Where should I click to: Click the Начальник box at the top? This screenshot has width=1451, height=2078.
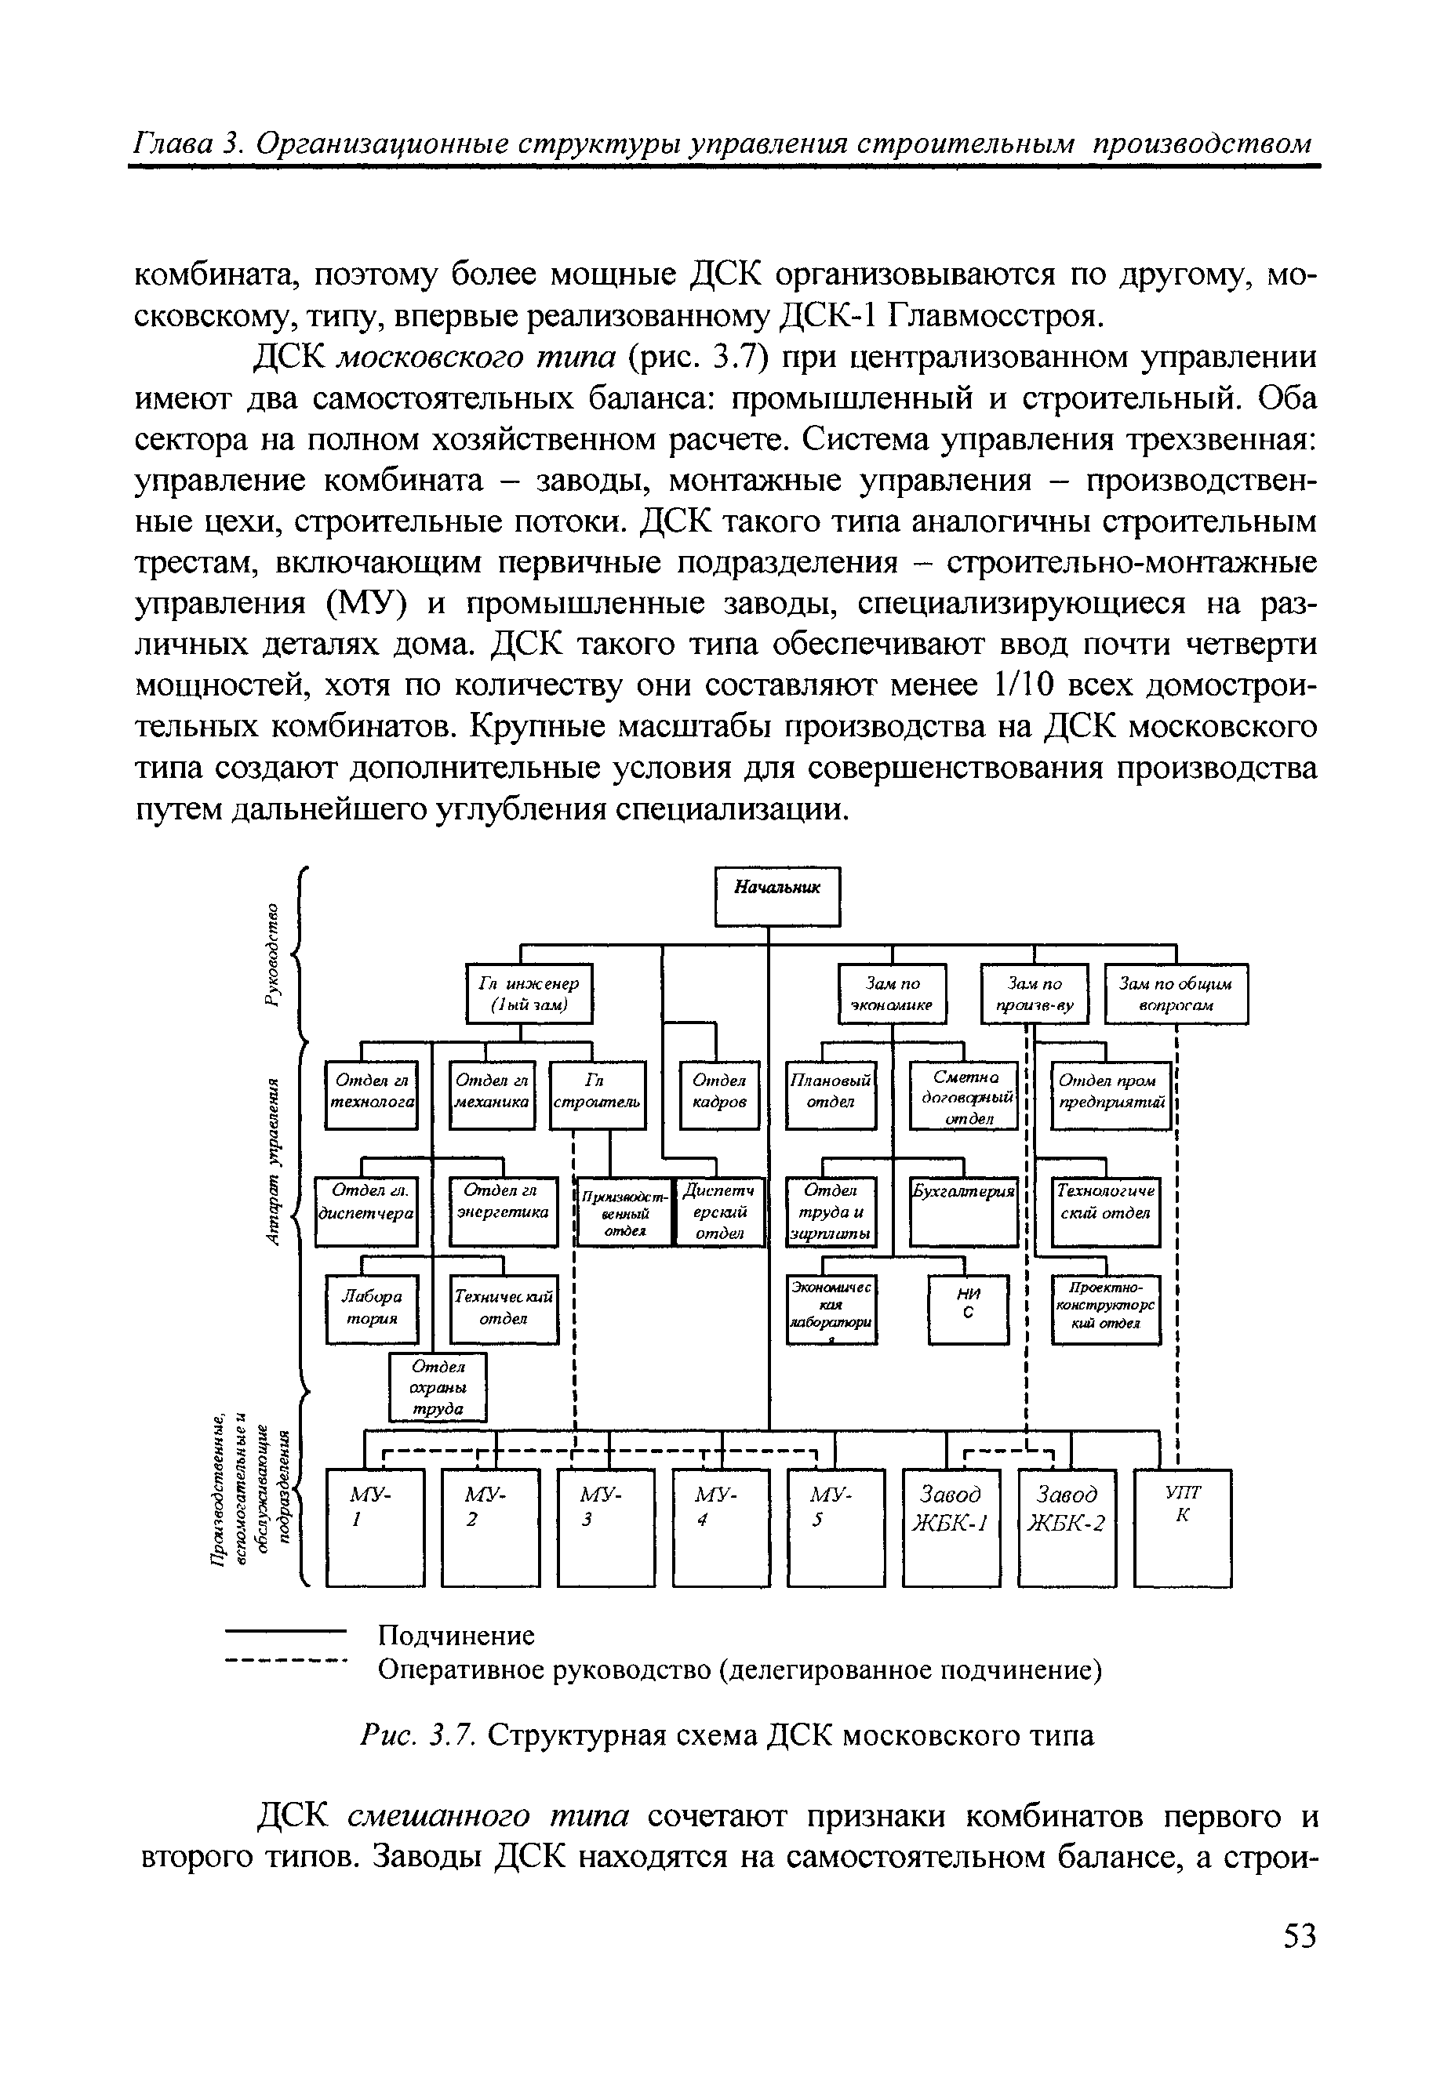click(777, 896)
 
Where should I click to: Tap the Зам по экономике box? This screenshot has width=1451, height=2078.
click(893, 993)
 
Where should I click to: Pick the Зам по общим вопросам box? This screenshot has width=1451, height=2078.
click(1176, 993)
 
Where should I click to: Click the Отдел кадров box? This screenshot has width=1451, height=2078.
click(718, 1094)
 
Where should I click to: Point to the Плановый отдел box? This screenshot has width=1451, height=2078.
click(830, 1094)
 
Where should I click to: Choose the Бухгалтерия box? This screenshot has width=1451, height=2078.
click(964, 1211)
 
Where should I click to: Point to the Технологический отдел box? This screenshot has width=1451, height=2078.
click(1105, 1211)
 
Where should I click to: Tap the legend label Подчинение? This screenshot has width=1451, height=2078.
click(456, 1636)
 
